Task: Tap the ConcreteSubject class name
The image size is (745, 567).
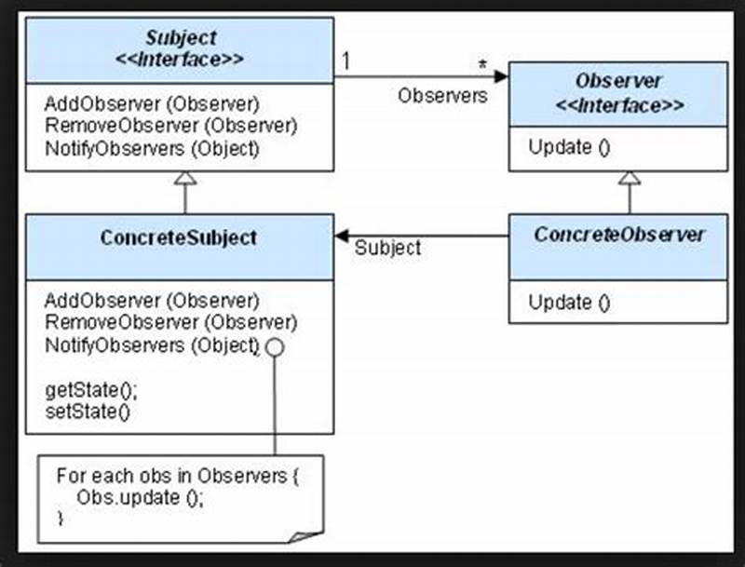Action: [178, 237]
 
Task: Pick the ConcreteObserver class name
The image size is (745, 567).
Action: [618, 235]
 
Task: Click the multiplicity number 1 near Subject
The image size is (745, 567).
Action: [345, 62]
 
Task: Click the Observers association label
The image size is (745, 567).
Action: [442, 96]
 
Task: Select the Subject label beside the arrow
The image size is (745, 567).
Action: [387, 249]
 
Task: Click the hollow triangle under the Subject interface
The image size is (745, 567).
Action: [185, 179]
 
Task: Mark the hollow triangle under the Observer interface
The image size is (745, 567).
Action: [630, 178]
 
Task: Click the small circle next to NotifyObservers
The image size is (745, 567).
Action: [274, 346]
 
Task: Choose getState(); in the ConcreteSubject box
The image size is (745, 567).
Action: [84, 390]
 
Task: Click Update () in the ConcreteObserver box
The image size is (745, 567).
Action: [569, 302]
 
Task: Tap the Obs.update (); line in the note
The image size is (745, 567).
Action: [140, 496]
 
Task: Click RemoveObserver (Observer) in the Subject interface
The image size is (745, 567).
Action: [169, 125]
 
